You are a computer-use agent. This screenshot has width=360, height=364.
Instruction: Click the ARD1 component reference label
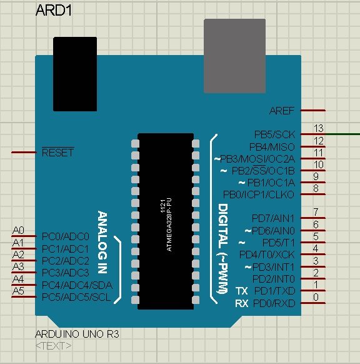pyautogui.click(x=54, y=11)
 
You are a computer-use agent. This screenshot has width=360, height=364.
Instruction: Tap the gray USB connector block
pyautogui.click(x=235, y=56)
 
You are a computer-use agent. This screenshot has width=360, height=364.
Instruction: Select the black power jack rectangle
pyautogui.click(x=75, y=74)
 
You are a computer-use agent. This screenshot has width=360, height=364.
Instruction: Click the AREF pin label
pyautogui.click(x=282, y=111)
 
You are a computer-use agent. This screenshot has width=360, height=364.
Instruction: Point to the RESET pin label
pyautogui.click(x=57, y=153)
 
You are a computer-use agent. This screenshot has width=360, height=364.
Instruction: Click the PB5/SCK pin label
pyautogui.click(x=274, y=134)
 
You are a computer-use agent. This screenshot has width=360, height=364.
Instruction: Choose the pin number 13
pyautogui.click(x=319, y=128)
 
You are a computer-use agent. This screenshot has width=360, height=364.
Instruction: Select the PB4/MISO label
pyautogui.click(x=272, y=147)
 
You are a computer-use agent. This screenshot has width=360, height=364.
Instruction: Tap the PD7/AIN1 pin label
pyautogui.click(x=273, y=218)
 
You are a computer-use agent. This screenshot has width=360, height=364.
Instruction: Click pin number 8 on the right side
pyautogui.click(x=316, y=188)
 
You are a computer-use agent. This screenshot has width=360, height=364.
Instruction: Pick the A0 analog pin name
pyautogui.click(x=18, y=230)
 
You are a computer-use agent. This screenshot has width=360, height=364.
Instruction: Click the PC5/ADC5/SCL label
pyautogui.click(x=76, y=297)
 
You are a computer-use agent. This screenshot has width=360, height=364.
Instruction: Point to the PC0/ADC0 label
pyautogui.click(x=66, y=236)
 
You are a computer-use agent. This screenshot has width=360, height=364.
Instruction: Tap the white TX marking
pyautogui.click(x=242, y=291)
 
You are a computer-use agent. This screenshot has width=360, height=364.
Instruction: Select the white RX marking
pyautogui.click(x=242, y=303)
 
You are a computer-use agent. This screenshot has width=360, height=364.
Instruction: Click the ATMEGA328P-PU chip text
pyautogui.click(x=169, y=225)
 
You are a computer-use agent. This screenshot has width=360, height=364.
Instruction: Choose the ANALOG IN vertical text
pyautogui.click(x=102, y=242)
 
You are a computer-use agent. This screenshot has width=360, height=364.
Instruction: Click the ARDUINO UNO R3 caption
pyautogui.click(x=77, y=334)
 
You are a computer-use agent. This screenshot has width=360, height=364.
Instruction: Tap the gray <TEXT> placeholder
pyautogui.click(x=54, y=346)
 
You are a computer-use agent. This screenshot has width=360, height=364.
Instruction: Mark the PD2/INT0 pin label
pyautogui.click(x=274, y=278)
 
